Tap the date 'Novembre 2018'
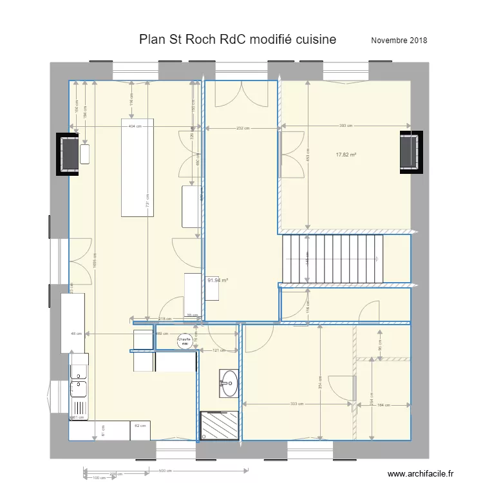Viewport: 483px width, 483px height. pos(399,41)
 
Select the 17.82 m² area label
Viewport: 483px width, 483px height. pos(346,155)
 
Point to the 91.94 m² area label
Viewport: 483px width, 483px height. pos(218,281)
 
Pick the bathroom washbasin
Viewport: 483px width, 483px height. pos(229,383)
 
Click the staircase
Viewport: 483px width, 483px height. pos(332,259)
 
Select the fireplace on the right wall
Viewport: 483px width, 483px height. pos(410,152)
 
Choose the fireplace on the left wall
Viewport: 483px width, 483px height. pos(68,155)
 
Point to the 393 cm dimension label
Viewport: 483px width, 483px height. pos(346,126)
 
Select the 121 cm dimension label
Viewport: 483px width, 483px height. pos(219,351)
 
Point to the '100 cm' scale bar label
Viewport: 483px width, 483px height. pos(99,478)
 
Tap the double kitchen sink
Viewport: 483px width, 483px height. pos(79,381)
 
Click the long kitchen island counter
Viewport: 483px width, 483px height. pos(138,167)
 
